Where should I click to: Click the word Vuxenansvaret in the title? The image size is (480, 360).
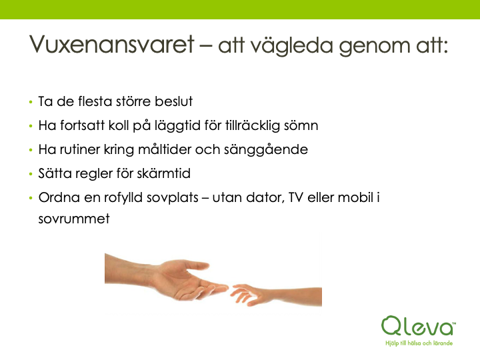coord(112,45)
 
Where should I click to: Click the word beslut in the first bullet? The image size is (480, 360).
coord(173,101)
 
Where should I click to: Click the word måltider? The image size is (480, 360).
coord(165,149)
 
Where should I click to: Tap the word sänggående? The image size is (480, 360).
coord(266,150)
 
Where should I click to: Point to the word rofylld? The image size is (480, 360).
coord(123,198)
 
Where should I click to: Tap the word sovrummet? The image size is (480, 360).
coord(74,219)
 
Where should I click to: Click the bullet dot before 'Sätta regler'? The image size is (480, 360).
coord(31,174)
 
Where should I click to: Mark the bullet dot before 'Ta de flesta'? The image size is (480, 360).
coord(31,101)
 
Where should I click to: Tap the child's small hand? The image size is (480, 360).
coord(248,295)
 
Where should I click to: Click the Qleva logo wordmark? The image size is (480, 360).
coord(418,326)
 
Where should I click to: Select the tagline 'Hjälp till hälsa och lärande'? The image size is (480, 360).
coord(419,343)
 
